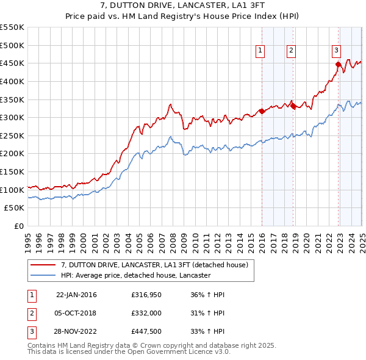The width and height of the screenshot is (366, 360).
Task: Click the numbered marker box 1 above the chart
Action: [260, 51]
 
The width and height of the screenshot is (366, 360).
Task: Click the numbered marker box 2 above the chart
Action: [291, 51]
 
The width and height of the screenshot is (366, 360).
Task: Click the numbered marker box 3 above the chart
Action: [336, 51]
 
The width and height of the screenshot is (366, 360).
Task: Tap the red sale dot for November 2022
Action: [338, 63]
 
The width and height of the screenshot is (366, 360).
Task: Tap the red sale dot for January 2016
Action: [262, 111]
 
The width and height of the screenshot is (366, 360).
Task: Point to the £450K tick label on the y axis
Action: [12, 63]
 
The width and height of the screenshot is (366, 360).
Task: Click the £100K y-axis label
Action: [12, 190]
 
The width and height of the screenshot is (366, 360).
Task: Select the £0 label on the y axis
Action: [18, 226]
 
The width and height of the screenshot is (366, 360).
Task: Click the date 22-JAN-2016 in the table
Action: [76, 295]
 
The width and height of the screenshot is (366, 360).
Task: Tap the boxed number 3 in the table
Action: [31, 333]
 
